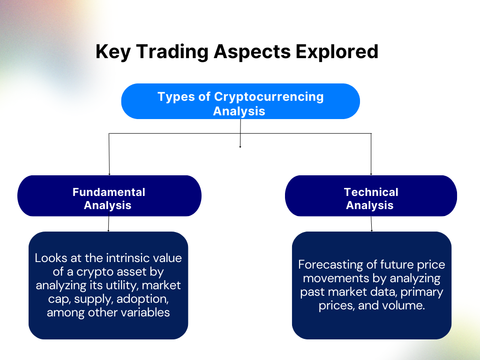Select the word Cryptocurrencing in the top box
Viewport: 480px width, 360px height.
pos(269,97)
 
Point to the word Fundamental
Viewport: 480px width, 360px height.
pos(109,192)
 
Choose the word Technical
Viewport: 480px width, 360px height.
pos(371,192)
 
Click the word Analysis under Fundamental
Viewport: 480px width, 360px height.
pos(107,205)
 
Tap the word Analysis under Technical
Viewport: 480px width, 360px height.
pos(370,205)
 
